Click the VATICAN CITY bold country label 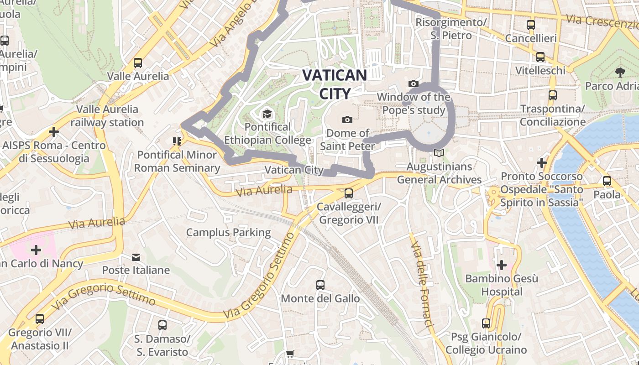point(335,84)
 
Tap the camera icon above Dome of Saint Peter point(347,120)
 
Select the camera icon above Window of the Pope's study point(414,83)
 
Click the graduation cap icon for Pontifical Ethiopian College point(267,114)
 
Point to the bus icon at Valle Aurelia point(138,63)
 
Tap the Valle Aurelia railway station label point(107,116)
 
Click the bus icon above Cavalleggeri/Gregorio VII point(349,193)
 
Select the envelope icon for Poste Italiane point(136,257)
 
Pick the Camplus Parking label point(228,232)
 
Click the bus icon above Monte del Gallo point(320,285)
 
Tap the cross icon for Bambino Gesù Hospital point(502,265)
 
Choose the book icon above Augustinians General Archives point(439,153)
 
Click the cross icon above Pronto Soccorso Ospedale point(542,162)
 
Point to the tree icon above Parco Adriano point(620,72)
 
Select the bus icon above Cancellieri point(530,25)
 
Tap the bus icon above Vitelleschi point(540,57)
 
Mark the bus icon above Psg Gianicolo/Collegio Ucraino point(486,323)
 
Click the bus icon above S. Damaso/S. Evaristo point(162,325)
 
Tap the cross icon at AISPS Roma point(54,132)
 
